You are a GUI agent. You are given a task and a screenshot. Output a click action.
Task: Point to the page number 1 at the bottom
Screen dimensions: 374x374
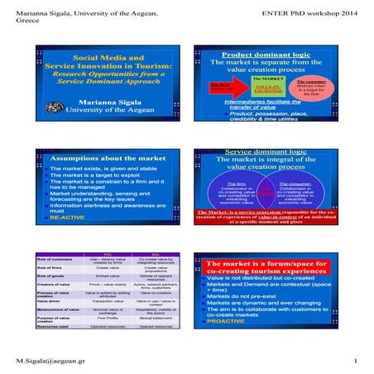[x=353, y=361]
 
